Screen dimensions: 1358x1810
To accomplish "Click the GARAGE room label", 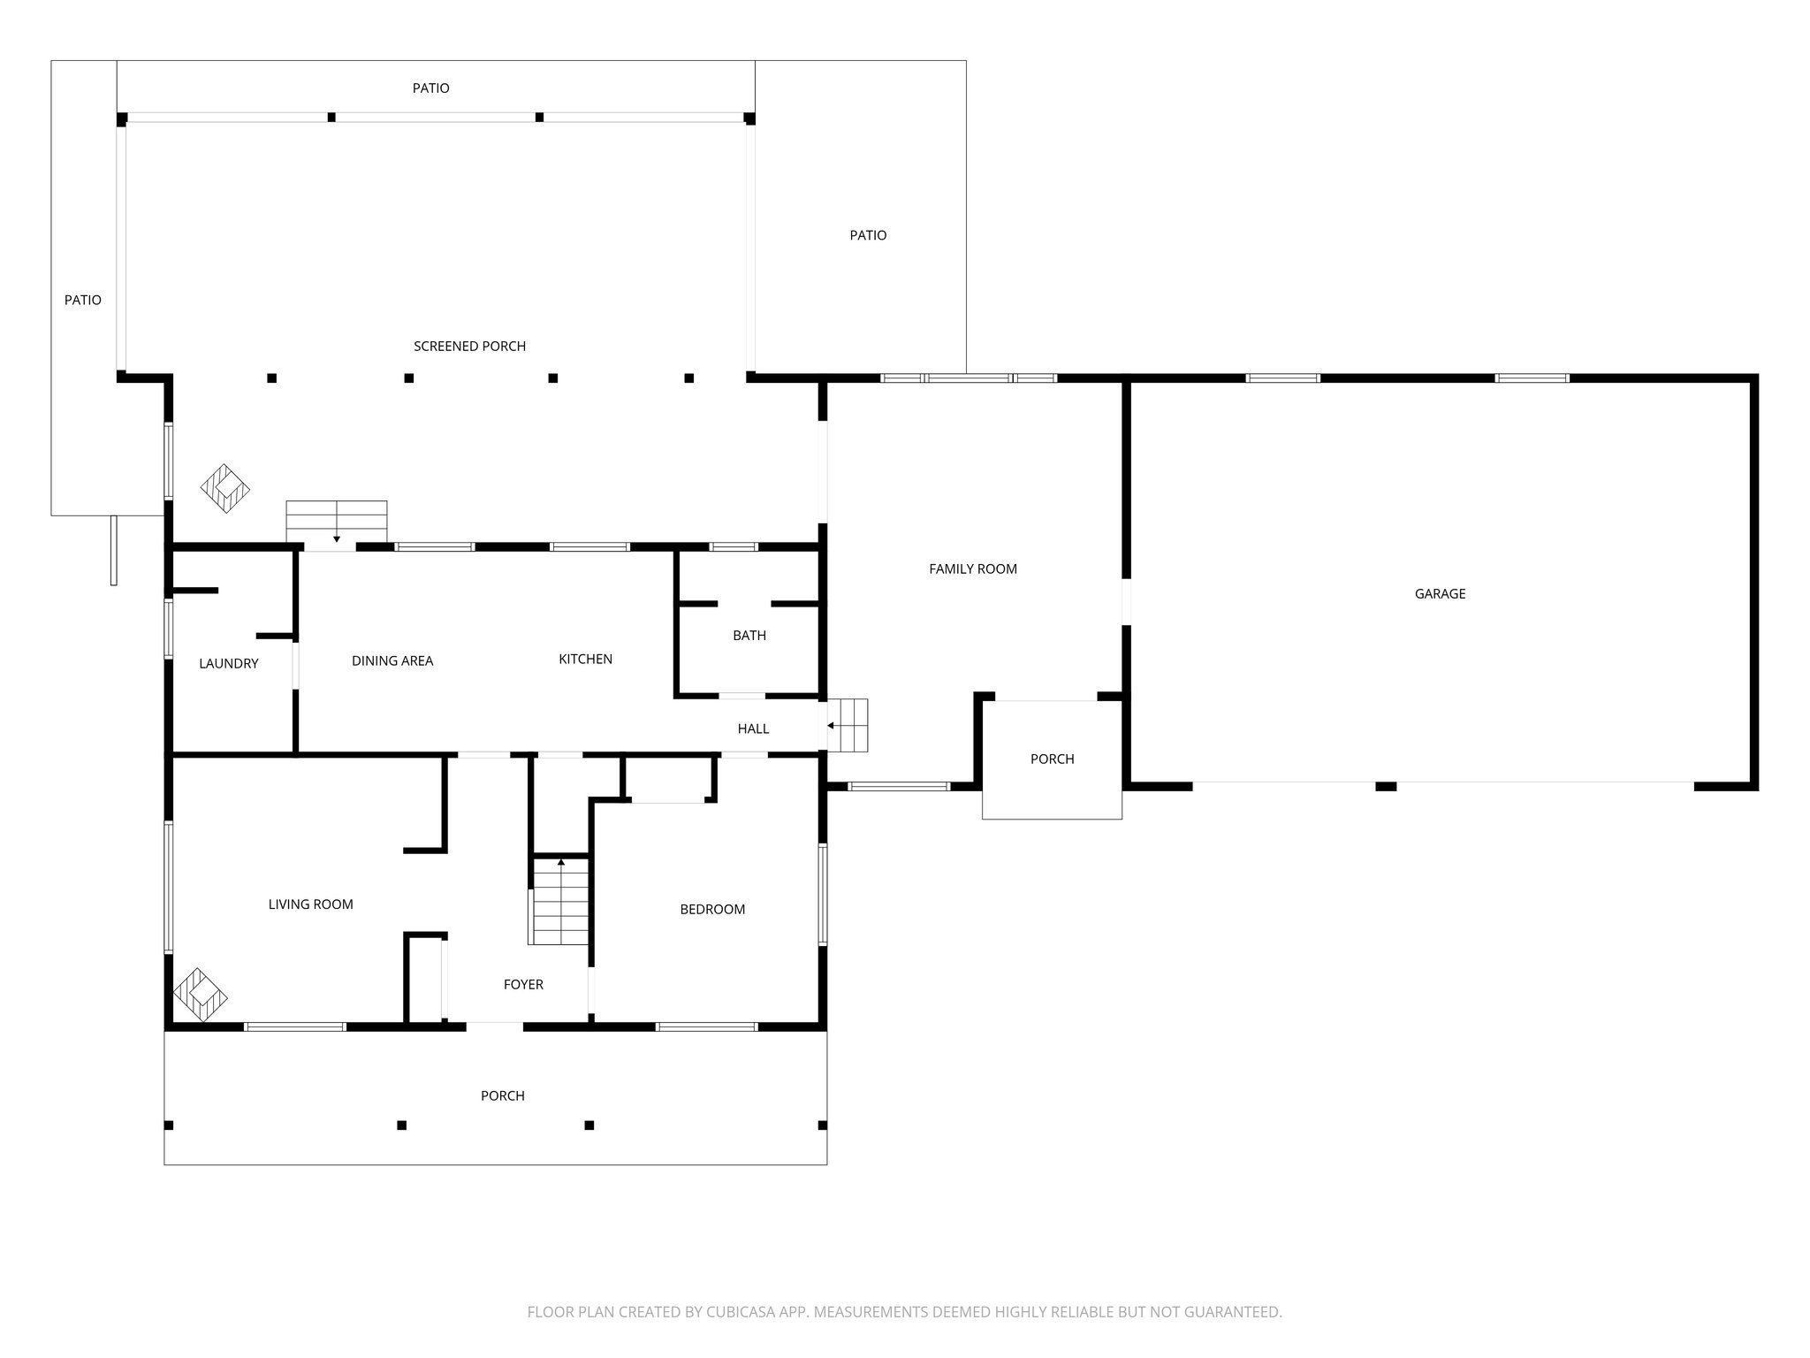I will tap(1440, 594).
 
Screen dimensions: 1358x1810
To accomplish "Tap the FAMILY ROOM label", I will tap(972, 569).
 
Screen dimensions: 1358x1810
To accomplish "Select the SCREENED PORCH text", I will tap(469, 347).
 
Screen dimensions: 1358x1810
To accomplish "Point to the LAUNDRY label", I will tap(228, 664).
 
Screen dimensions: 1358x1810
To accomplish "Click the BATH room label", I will tap(749, 636).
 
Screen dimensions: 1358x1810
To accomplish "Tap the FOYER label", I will tap(523, 985).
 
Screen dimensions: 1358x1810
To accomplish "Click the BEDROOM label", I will tap(711, 910).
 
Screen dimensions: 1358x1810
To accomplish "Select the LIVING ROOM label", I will tap(310, 904).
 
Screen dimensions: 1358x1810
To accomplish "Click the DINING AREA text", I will tap(392, 661).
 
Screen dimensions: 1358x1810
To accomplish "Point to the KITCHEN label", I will tap(585, 660).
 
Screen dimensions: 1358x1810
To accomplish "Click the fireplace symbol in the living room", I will tap(201, 995).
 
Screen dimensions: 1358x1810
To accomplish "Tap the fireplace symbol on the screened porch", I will tap(225, 489).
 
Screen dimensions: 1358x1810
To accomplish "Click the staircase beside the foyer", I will tap(560, 902).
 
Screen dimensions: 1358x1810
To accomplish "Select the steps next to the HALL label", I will tap(848, 725).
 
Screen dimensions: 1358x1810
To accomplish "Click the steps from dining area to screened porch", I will tap(336, 521).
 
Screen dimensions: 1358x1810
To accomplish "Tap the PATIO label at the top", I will tap(430, 88).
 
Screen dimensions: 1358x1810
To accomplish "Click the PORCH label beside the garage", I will tap(1052, 759).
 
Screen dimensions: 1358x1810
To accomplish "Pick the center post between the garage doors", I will tap(1386, 786).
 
